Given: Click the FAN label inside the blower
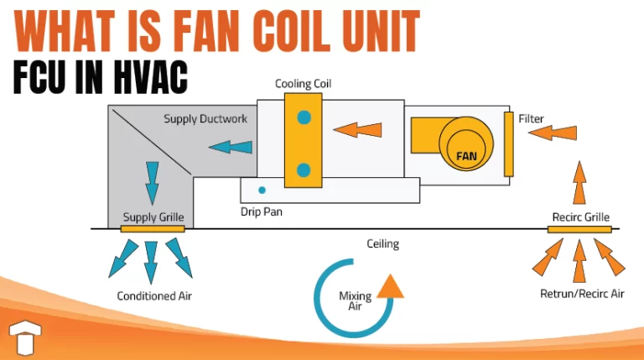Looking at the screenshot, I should click(466, 155).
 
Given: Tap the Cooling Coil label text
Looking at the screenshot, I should click(304, 83).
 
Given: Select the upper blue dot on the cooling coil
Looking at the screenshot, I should click(304, 117).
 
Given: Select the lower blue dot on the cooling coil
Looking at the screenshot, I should click(304, 170).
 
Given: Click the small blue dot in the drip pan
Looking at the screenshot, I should click(262, 190).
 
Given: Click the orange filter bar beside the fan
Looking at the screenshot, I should click(507, 143).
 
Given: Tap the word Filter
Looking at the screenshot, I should click(532, 118).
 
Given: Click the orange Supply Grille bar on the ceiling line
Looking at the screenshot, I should click(152, 228).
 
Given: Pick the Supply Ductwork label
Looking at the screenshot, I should click(205, 119).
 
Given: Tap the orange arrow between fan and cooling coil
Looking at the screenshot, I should click(356, 129).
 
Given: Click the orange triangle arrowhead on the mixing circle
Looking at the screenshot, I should click(389, 287).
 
